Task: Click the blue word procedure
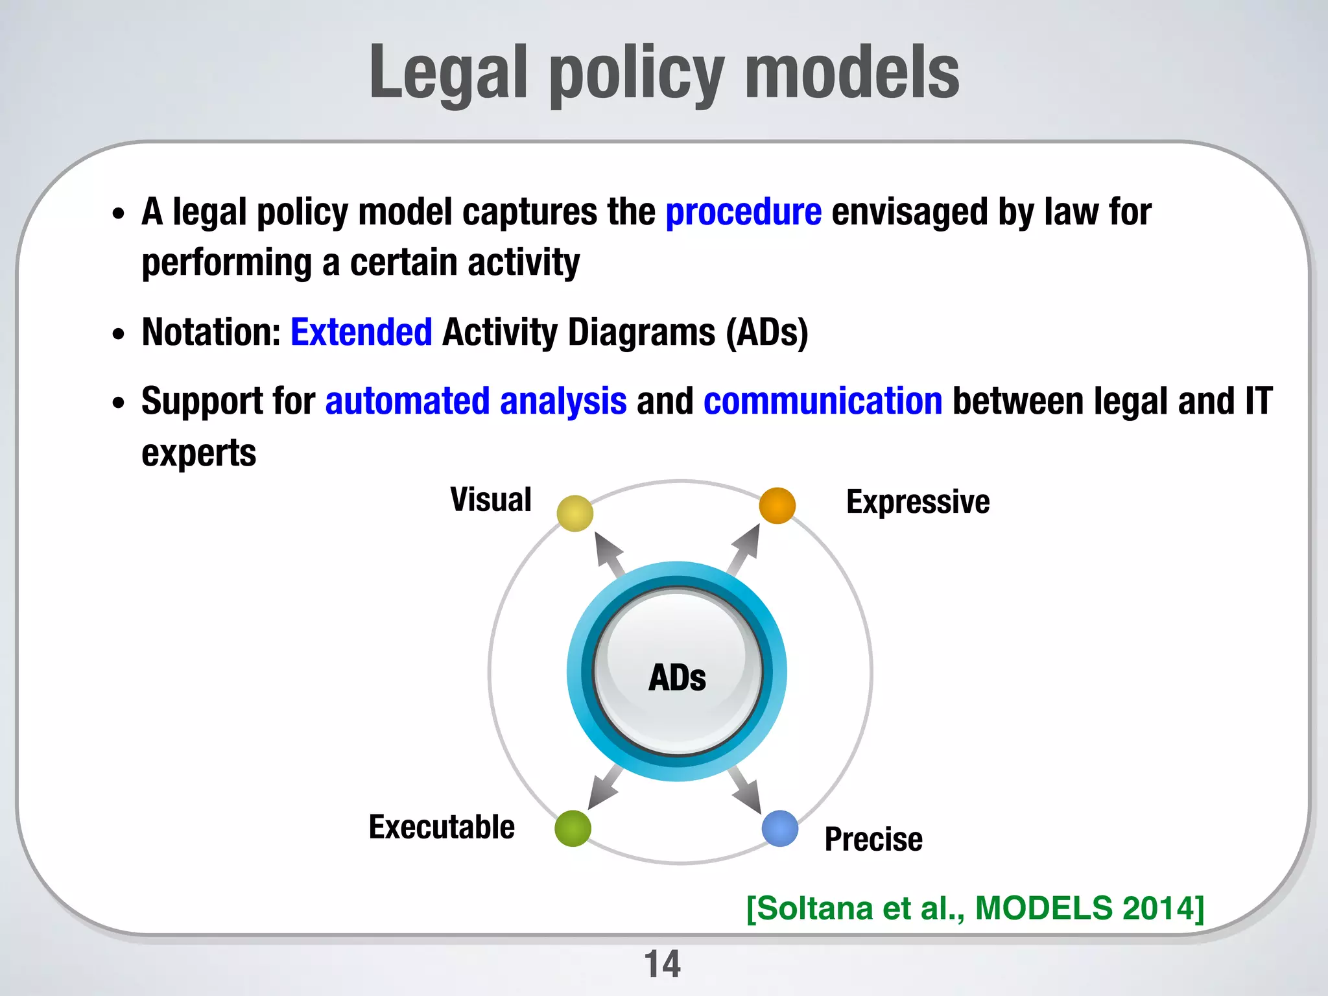743,213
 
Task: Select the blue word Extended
361,333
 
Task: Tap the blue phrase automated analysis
475,401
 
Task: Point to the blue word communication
822,401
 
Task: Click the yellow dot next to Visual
575,513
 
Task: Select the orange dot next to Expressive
777,506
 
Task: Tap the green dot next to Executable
573,828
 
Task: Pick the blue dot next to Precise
779,828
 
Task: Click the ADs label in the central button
677,678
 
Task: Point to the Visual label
491,500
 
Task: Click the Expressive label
918,502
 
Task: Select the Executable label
442,827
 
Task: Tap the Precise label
873,839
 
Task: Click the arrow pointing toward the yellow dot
610,554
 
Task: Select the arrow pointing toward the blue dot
746,790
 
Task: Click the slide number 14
662,964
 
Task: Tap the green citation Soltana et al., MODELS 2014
975,908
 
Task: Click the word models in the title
851,73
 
